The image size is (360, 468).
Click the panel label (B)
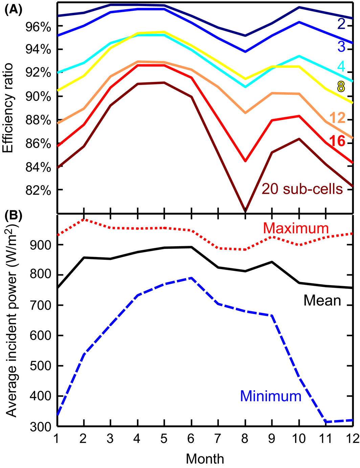13,215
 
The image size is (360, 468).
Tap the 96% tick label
38,26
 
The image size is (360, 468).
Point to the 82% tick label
38,190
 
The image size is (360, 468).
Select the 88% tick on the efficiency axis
38,120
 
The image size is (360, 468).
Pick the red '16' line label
337,141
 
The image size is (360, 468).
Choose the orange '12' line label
337,118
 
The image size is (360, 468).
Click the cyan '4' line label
341,66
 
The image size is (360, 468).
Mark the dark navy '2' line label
341,23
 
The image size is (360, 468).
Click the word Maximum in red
296,229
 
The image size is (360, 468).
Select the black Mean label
322,300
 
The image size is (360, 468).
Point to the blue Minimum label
271,396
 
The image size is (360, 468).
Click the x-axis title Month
205,459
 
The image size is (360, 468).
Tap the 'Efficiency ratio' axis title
8,108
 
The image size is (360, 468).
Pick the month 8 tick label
245,438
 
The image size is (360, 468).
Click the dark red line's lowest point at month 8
245,211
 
